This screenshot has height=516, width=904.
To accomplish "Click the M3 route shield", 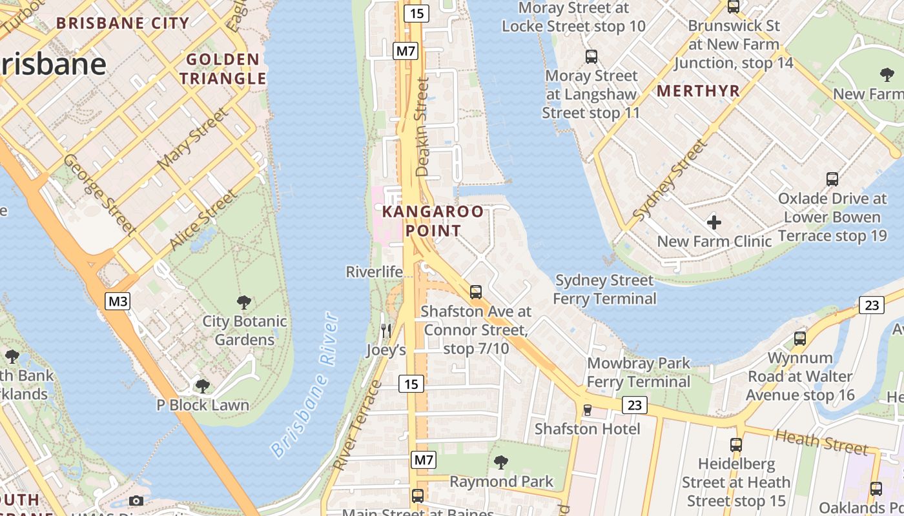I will (119, 301).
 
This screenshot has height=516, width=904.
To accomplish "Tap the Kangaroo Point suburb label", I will (433, 221).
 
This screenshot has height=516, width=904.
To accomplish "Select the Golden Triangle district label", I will (223, 69).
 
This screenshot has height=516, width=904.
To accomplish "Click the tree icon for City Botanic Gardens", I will (244, 302).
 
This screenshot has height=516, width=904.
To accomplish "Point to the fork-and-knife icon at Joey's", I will (386, 331).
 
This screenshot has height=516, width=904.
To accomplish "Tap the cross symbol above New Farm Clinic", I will (714, 223).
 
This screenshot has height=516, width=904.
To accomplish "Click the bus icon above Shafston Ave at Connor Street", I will (476, 292).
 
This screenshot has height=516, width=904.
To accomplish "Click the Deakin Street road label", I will (422, 127).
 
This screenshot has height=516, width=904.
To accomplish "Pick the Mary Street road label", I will (193, 139).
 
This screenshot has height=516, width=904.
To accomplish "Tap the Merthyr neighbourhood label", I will (698, 91).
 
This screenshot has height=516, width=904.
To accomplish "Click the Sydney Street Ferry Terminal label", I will (604, 290).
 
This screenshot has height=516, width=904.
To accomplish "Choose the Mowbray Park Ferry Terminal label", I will (639, 372).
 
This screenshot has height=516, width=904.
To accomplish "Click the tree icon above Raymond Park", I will (500, 462).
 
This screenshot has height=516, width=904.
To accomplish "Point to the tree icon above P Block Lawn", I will (203, 386).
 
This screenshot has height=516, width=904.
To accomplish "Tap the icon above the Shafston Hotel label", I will (587, 410).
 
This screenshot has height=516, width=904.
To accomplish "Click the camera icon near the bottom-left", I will (136, 501).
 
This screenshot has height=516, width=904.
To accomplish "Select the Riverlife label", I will (375, 272).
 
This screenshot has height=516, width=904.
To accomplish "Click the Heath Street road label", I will (821, 442).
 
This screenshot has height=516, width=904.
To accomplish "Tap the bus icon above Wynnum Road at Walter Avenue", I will (800, 338).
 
